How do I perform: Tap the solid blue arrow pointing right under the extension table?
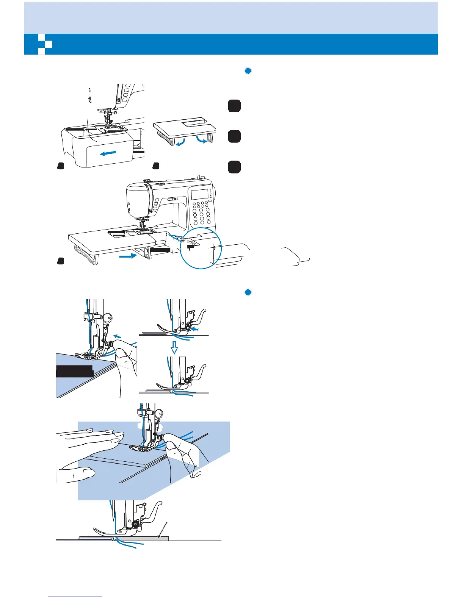pos(128,256)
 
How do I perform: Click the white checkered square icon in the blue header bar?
pos(45,44)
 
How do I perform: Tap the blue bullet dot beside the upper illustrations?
pos(248,71)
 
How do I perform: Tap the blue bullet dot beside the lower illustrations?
pos(248,292)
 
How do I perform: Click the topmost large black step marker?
pos(234,106)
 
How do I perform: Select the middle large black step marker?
pos(234,136)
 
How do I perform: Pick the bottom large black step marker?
pos(234,167)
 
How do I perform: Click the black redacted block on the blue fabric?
pos(75,371)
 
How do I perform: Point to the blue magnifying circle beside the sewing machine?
pos(198,248)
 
